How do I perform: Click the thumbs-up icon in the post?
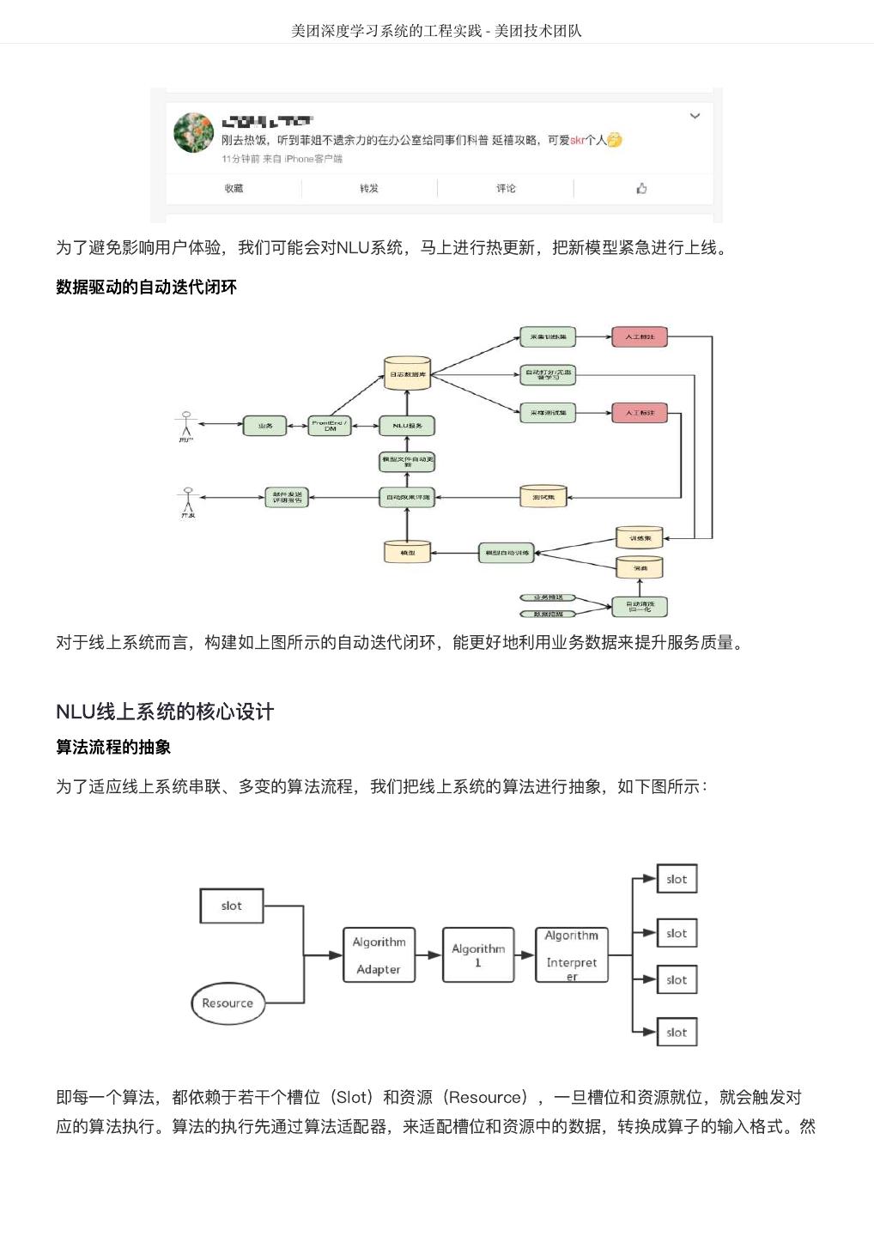pos(641,189)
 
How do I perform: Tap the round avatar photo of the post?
pos(193,132)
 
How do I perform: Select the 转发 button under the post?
pos(369,189)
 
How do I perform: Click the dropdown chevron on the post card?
pos(695,116)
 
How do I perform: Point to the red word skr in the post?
pos(577,140)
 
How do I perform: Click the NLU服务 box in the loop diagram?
pos(407,426)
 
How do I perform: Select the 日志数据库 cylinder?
pos(407,373)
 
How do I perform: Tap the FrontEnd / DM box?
pos(330,426)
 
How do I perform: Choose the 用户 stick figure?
pos(186,424)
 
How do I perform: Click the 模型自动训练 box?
pos(507,553)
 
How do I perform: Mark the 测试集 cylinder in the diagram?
pos(543,497)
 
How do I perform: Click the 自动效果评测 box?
pos(407,497)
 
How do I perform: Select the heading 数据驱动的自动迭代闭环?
pos(146,288)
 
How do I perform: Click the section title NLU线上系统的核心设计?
pos(165,712)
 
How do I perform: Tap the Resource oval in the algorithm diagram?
pos(228,1003)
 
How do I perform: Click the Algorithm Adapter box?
pos(379,954)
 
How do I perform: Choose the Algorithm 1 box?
pos(478,954)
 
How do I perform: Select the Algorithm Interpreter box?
pos(571,954)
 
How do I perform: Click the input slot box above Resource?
pos(231,906)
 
